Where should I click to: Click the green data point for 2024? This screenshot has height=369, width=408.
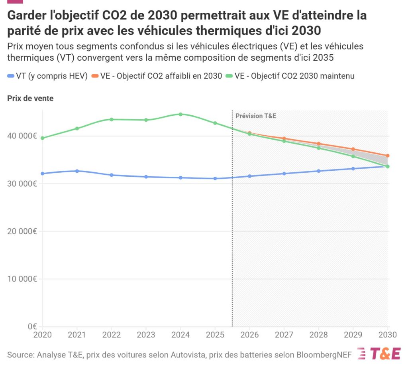[180, 114]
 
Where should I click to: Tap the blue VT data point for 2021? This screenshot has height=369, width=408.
[77, 171]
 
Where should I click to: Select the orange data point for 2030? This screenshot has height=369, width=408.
[388, 156]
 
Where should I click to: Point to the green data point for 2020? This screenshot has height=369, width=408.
[42, 138]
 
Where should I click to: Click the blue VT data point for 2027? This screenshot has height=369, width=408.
[284, 174]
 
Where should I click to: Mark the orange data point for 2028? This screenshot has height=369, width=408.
[318, 144]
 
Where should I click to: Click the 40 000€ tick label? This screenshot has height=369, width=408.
[22, 136]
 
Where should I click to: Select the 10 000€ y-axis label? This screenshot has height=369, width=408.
[22, 279]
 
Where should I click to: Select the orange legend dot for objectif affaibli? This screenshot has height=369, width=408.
[94, 76]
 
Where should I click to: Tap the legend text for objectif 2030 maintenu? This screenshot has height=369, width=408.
[294, 76]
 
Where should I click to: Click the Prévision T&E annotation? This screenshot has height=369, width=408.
[255, 116]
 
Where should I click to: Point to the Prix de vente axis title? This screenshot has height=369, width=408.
[30, 99]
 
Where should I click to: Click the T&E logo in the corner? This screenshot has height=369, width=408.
[379, 353]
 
